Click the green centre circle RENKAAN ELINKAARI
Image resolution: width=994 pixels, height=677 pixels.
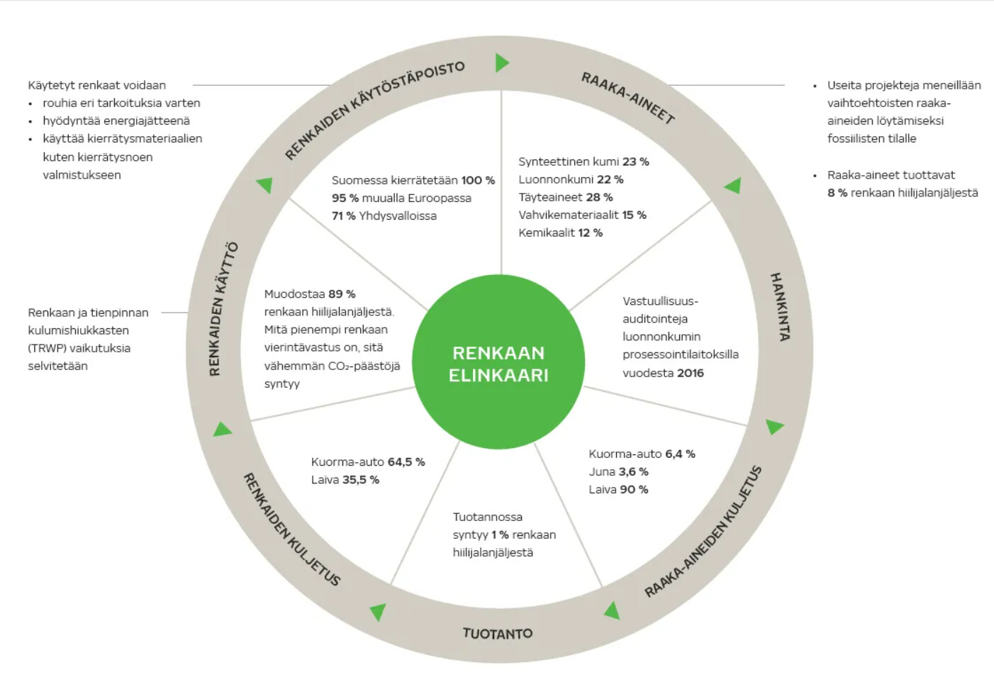coord(498,363)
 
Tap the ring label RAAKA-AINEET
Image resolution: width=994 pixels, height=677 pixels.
coord(627,98)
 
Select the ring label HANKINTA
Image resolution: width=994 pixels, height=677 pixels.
coord(780,306)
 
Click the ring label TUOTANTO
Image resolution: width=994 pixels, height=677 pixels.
coord(497,633)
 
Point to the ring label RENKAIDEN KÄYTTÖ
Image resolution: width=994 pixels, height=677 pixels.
coord(223,309)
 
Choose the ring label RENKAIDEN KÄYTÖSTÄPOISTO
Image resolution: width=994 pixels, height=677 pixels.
coord(374,109)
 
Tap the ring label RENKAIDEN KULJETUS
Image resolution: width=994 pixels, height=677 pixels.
coord(291,529)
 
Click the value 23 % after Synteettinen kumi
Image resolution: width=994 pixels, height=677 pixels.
coord(635,162)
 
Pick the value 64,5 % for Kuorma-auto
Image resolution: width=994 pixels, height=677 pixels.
coord(406,461)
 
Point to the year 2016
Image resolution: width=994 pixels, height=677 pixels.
coord(690,373)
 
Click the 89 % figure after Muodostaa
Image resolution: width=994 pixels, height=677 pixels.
coord(342,293)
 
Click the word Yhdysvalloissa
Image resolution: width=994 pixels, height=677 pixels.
coord(397,216)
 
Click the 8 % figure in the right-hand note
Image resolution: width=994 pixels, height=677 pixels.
coord(837,193)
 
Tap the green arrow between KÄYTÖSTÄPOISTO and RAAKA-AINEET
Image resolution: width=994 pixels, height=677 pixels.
coord(501,62)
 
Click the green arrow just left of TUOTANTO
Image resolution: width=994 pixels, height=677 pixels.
coord(378,611)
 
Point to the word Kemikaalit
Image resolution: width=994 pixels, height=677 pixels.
coord(546,233)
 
